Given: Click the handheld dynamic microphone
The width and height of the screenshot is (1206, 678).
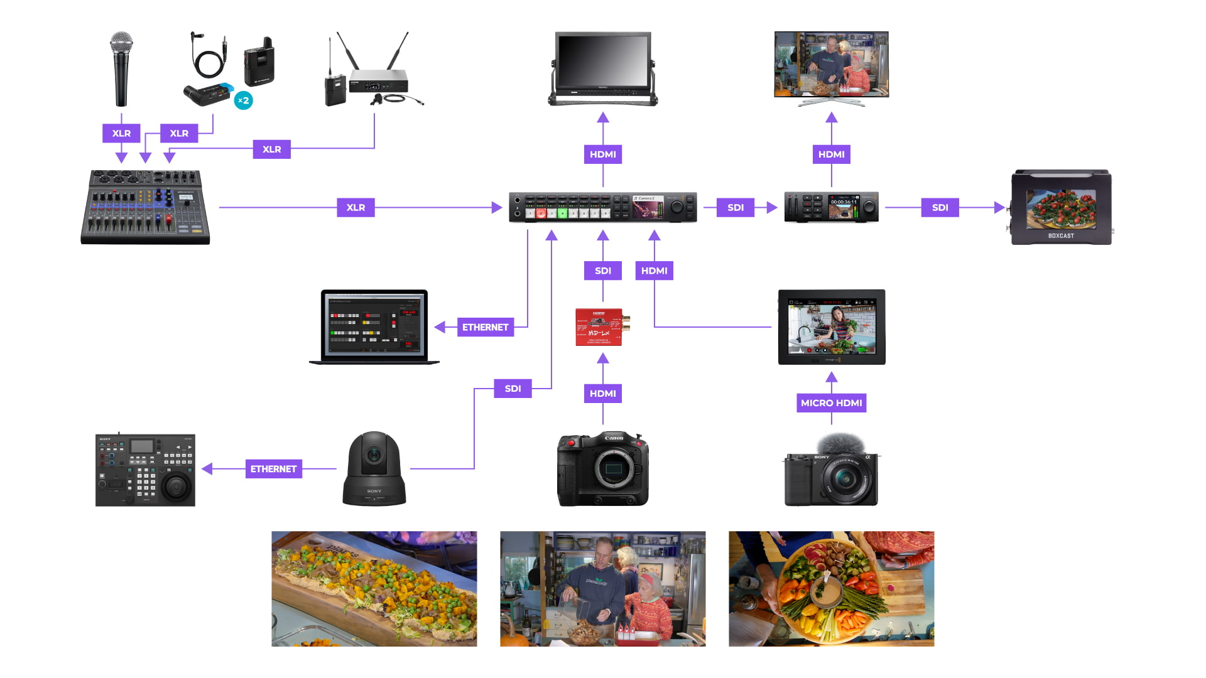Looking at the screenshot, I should click(121, 69).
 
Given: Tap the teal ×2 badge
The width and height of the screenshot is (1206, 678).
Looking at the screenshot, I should click(243, 100).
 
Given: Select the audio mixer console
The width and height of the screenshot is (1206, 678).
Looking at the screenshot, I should click(145, 207).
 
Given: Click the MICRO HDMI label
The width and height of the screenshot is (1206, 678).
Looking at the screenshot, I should click(831, 403).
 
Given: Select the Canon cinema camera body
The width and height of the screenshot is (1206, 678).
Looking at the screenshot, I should click(602, 469).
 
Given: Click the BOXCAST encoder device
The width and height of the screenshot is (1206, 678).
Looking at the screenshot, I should click(1061, 207).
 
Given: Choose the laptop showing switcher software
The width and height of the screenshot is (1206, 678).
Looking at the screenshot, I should click(374, 326).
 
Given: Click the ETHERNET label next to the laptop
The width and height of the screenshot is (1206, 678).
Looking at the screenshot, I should click(485, 327).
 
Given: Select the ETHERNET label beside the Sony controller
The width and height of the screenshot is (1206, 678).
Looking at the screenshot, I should click(273, 469).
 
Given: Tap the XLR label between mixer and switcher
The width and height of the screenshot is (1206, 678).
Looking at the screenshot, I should click(356, 208).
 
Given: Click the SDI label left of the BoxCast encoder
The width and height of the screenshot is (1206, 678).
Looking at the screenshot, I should click(940, 208).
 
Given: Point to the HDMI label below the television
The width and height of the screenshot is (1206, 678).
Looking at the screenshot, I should click(831, 154).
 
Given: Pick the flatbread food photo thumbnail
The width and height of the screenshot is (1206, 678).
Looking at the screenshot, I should click(374, 589).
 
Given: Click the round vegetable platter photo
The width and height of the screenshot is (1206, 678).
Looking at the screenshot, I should click(831, 589).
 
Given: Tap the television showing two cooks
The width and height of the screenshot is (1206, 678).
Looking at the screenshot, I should click(831, 65).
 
